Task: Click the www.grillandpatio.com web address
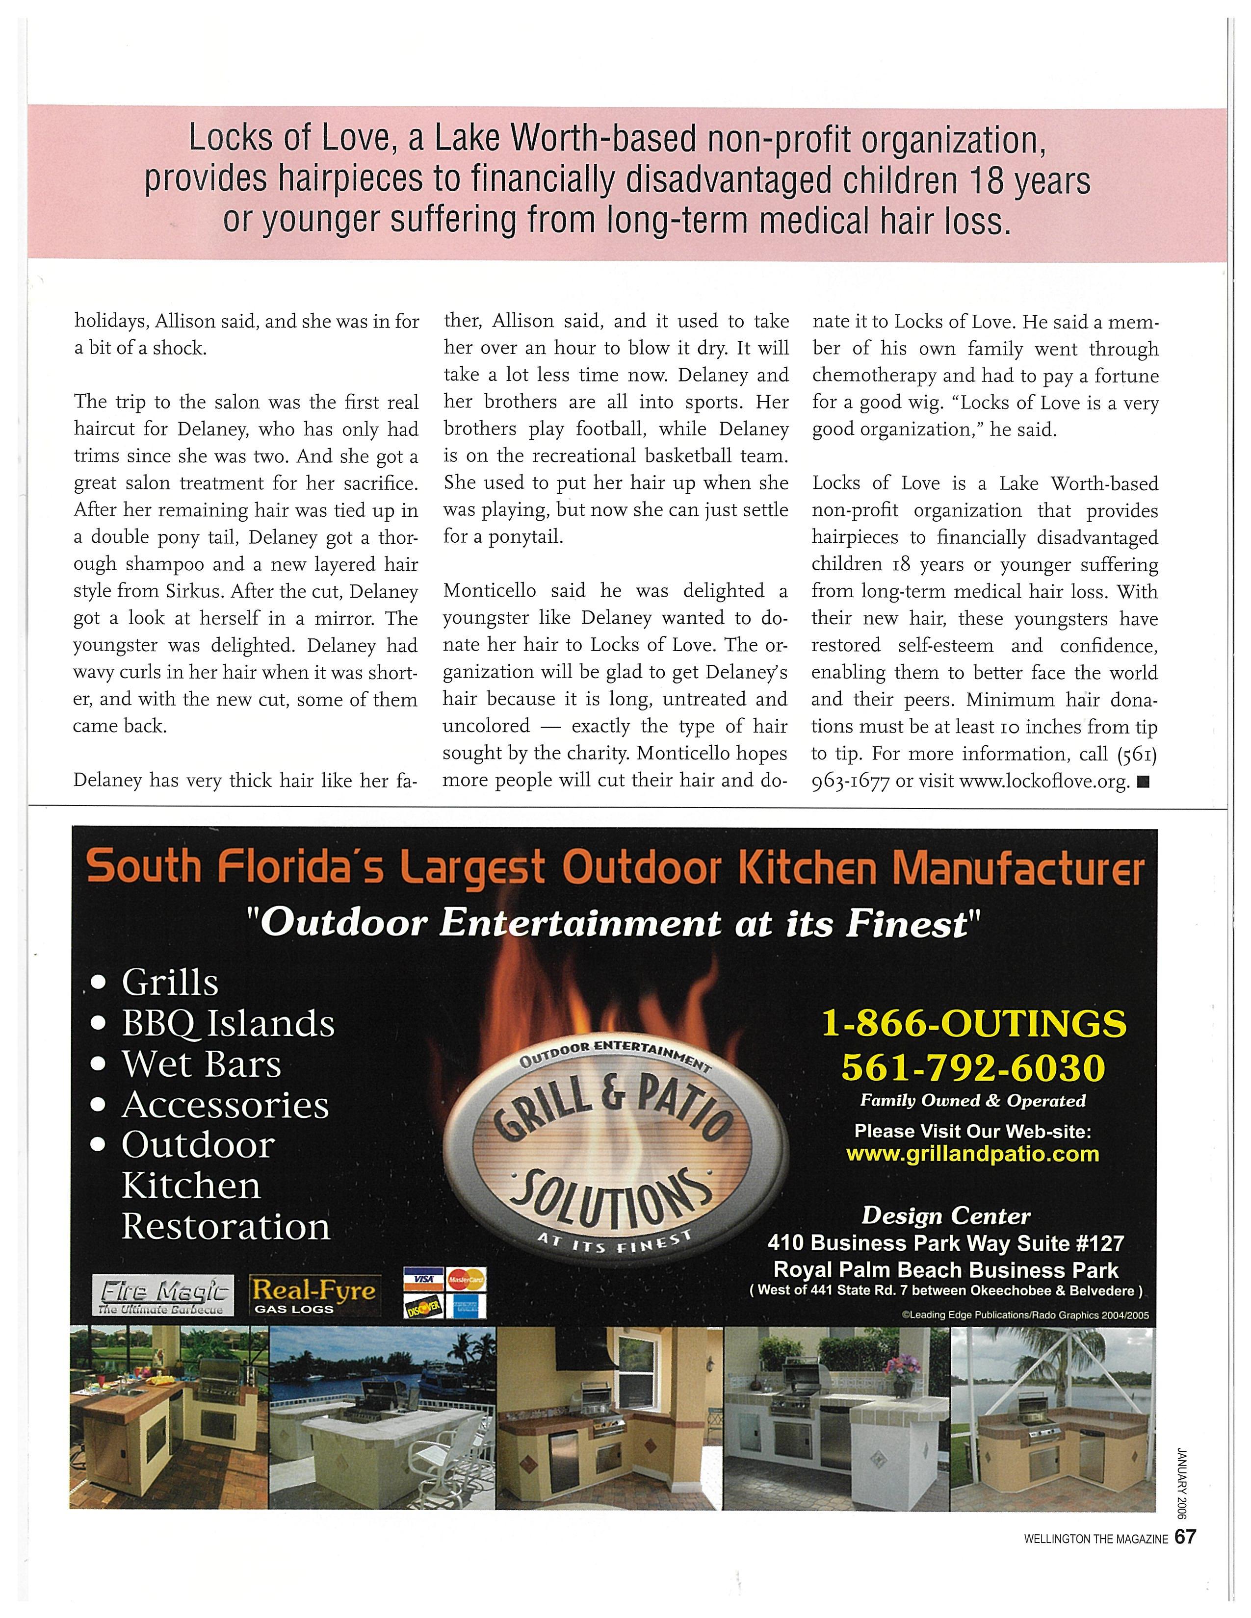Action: pyautogui.click(x=972, y=1154)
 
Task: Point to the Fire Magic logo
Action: pyautogui.click(x=162, y=1294)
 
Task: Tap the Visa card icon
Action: pyautogui.click(x=423, y=1278)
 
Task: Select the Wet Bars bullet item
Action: pyautogui.click(x=201, y=1064)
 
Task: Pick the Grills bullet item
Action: pyautogui.click(x=170, y=983)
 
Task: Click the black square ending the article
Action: pyautogui.click(x=1142, y=781)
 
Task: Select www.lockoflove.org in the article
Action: pyautogui.click(x=1043, y=782)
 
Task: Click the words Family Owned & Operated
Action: pyautogui.click(x=972, y=1101)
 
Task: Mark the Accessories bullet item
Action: pyautogui.click(x=225, y=1105)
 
